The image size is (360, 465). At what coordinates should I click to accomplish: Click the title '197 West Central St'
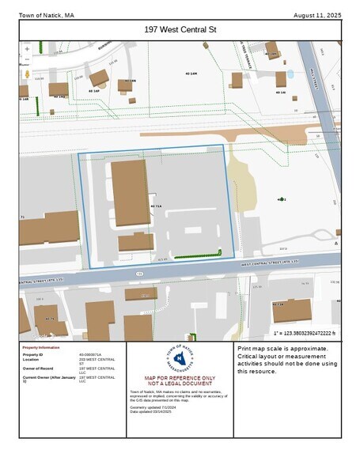[180, 29]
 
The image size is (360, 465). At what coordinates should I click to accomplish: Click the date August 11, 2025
[316, 15]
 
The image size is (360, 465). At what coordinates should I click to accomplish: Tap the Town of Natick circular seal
[179, 360]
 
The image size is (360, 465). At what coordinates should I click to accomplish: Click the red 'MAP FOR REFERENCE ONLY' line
[180, 378]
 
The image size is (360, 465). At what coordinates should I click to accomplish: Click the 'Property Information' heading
[41, 348]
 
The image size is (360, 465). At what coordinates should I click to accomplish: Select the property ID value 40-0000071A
[90, 354]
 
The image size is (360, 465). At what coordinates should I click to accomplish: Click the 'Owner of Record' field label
[37, 369]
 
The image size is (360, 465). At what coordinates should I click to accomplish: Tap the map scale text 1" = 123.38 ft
[305, 334]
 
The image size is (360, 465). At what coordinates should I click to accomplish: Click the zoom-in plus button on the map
[27, 48]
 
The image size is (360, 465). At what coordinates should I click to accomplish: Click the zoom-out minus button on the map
[27, 59]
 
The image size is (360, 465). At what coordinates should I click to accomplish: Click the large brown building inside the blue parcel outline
[130, 192]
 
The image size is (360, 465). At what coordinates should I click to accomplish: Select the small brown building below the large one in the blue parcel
[136, 242]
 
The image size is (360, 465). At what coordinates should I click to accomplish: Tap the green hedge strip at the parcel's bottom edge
[197, 255]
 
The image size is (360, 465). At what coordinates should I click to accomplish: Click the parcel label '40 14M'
[191, 74]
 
